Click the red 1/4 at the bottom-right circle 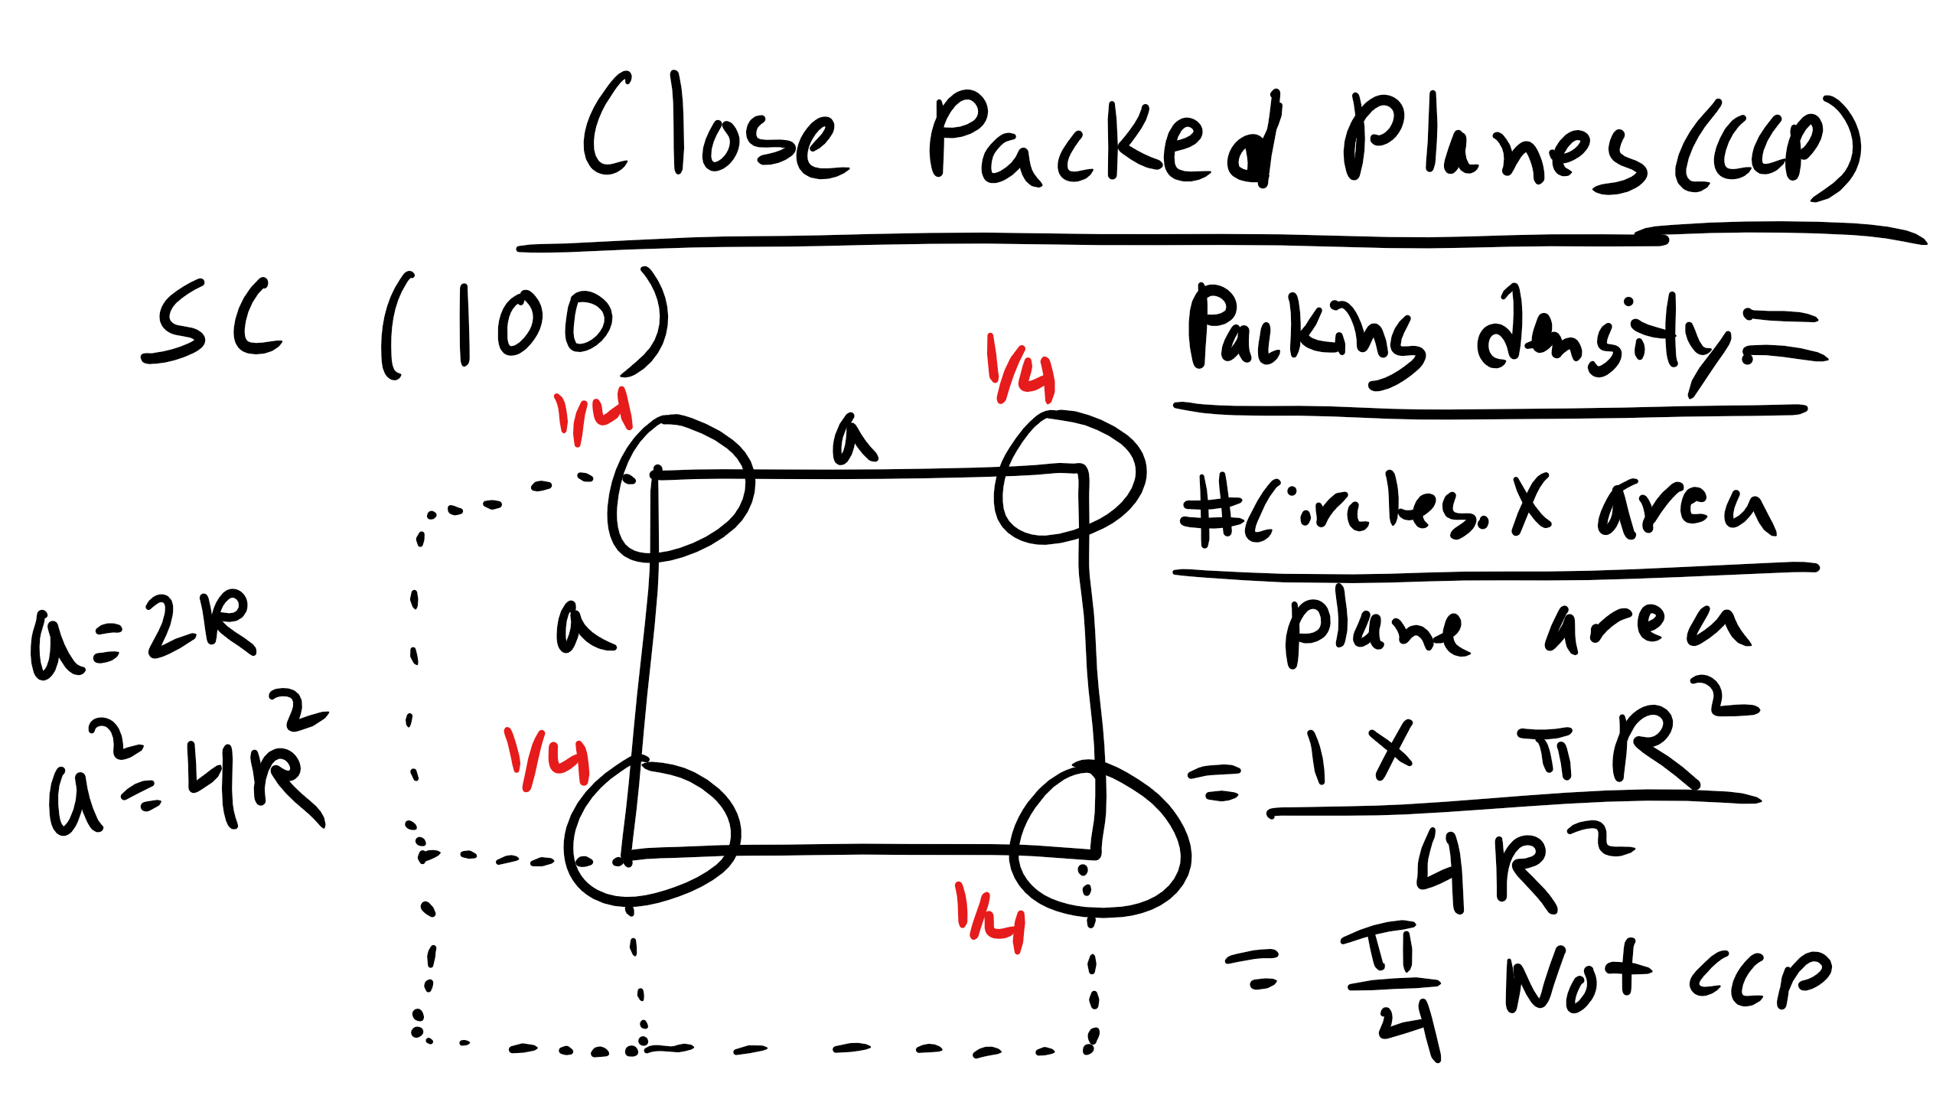(x=991, y=918)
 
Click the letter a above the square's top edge (x=853, y=440)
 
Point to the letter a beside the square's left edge (x=582, y=628)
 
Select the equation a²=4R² (x=187, y=765)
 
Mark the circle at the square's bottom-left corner (x=650, y=834)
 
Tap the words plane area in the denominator (x=1515, y=628)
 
